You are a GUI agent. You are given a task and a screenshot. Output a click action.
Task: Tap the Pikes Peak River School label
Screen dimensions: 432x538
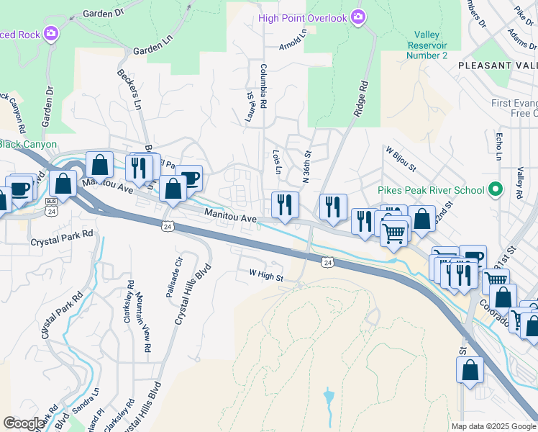430,191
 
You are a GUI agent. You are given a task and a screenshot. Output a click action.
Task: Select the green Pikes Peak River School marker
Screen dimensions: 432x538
494,191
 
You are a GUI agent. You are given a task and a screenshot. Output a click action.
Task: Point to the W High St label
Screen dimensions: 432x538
266,274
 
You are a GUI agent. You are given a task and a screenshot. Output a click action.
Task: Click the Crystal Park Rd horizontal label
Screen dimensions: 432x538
62,234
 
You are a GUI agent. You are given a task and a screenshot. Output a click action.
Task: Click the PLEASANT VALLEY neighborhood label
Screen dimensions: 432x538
497,65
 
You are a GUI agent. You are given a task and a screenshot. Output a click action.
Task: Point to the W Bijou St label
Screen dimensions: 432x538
401,159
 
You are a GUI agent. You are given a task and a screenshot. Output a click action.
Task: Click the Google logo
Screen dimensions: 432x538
24,423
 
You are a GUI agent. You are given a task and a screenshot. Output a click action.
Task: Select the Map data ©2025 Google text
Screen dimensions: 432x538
493,426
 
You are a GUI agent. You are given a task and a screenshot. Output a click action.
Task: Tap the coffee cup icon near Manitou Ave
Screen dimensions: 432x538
189,178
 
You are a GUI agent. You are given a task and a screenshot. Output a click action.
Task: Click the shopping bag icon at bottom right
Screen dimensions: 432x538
470,370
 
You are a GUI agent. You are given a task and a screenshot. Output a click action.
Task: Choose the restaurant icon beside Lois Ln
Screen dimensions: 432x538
285,204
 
